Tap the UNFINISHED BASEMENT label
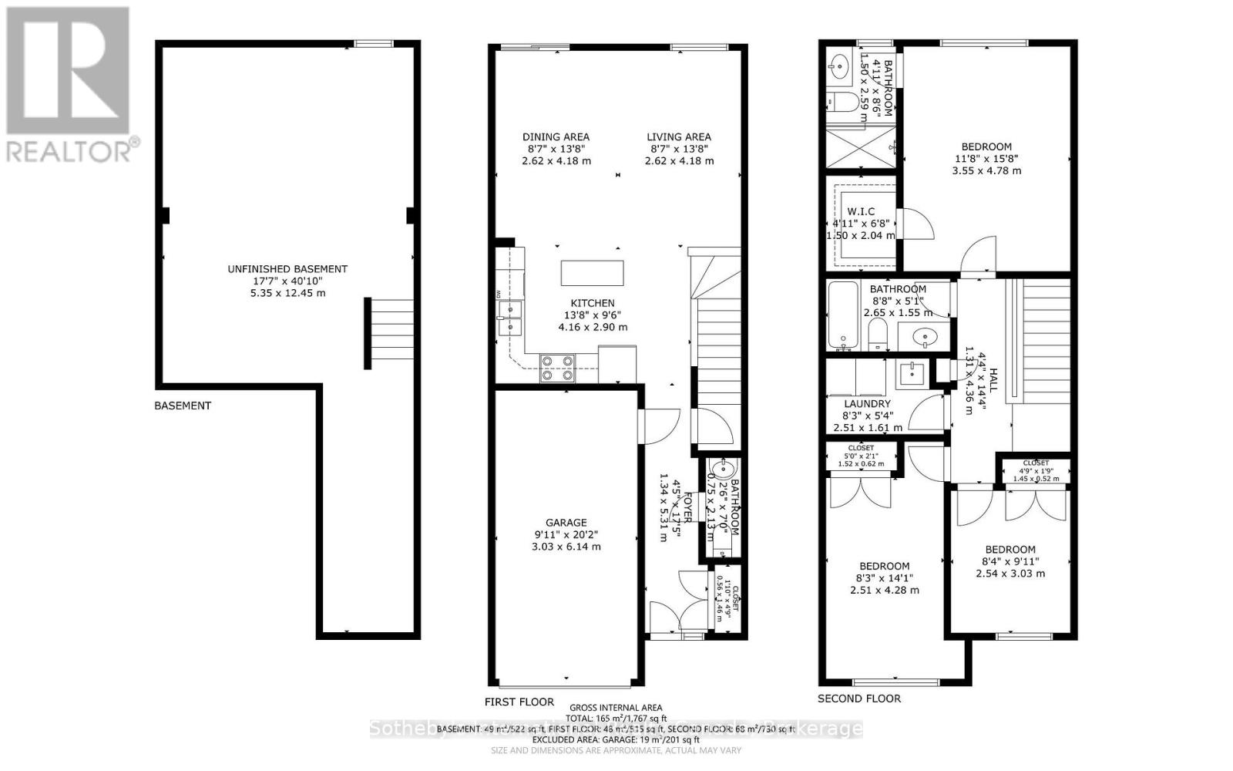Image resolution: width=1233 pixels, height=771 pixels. [287, 269]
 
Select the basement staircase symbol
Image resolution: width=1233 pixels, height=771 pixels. [390, 333]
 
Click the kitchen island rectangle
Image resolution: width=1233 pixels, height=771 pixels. [592, 273]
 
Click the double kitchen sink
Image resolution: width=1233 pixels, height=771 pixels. [509, 318]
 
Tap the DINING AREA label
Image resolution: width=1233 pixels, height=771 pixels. [556, 137]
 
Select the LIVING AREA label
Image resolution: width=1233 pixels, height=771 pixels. [678, 137]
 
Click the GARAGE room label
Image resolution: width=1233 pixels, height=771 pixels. [566, 523]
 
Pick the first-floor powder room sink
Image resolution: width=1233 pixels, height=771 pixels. [722, 469]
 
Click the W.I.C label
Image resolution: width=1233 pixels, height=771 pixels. [861, 212]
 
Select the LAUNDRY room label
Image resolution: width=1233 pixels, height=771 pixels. [867, 404]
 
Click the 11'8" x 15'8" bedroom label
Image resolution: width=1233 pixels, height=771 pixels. [986, 147]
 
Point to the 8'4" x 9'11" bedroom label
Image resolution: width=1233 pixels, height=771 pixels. [1010, 550]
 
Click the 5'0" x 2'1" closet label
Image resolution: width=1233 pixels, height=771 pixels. [861, 448]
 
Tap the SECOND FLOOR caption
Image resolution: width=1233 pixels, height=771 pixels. [858, 699]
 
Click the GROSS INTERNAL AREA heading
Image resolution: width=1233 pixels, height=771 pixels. [615, 708]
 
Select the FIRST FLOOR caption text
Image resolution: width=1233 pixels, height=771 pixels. [519, 702]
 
